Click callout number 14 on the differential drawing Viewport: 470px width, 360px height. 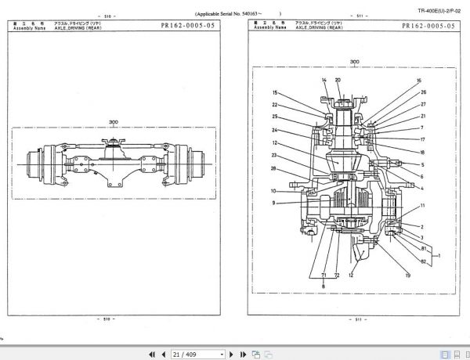point(324,81)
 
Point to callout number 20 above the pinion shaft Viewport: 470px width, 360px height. point(338,81)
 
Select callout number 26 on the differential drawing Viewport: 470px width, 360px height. point(422,92)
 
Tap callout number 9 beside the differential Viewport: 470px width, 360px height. point(273,203)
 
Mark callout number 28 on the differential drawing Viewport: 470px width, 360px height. point(273,168)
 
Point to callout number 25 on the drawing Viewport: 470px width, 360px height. point(275,117)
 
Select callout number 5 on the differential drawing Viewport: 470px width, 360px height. point(422,165)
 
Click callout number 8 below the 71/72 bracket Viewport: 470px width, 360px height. point(321,288)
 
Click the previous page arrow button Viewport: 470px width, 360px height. point(162,354)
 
